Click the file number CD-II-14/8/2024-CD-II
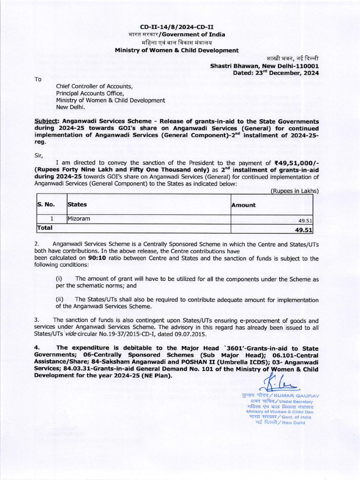pos(177,27)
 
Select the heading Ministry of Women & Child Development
pos(177,50)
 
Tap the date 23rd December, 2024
pos(286,73)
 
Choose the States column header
pos(77,205)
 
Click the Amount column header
pos(244,205)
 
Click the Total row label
pos(45,228)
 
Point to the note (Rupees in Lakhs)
pos(294,191)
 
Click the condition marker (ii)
pos(60,299)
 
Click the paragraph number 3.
pos(37,320)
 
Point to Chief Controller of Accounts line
pos(95,86)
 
